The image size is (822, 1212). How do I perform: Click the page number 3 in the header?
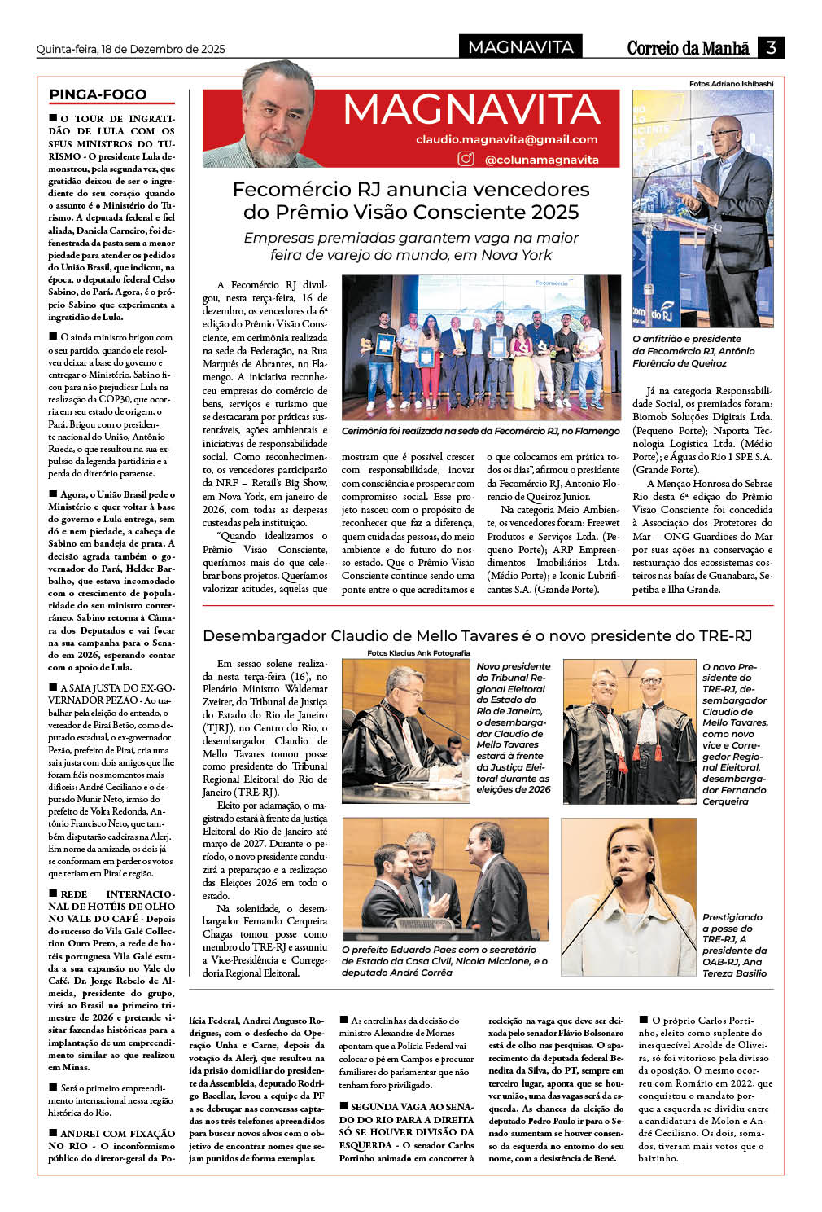pyautogui.click(x=770, y=47)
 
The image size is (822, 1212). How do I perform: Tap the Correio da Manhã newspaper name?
pyautogui.click(x=688, y=48)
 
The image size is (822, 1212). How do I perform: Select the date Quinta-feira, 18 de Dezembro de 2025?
pyautogui.click(x=130, y=49)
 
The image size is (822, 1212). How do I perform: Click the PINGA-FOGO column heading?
pyautogui.click(x=98, y=94)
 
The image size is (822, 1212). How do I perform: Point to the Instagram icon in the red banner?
pyautogui.click(x=466, y=159)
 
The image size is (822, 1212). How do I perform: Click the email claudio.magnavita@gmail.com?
pyautogui.click(x=506, y=139)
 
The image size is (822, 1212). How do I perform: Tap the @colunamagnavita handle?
pyautogui.click(x=541, y=160)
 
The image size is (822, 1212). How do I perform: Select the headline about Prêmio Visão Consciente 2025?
pyautogui.click(x=411, y=200)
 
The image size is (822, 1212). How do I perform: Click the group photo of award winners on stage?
pyautogui.click(x=481, y=348)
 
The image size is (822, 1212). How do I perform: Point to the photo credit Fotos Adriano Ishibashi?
pyautogui.click(x=731, y=83)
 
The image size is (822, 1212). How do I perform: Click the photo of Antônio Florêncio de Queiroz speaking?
pyautogui.click(x=702, y=209)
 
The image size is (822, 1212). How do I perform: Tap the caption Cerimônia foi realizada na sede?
pyautogui.click(x=480, y=431)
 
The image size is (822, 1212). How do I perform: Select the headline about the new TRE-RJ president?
pyautogui.click(x=477, y=635)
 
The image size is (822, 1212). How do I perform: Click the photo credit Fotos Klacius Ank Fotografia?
pyautogui.click(x=418, y=652)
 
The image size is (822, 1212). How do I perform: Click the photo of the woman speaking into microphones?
pyautogui.click(x=628, y=897)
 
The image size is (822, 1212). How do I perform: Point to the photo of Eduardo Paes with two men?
pyautogui.click(x=445, y=879)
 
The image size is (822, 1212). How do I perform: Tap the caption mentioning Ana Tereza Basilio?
pyautogui.click(x=734, y=945)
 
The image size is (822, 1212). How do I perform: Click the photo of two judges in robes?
pyautogui.click(x=629, y=731)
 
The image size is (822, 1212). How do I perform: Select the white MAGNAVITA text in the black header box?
pyautogui.click(x=521, y=47)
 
